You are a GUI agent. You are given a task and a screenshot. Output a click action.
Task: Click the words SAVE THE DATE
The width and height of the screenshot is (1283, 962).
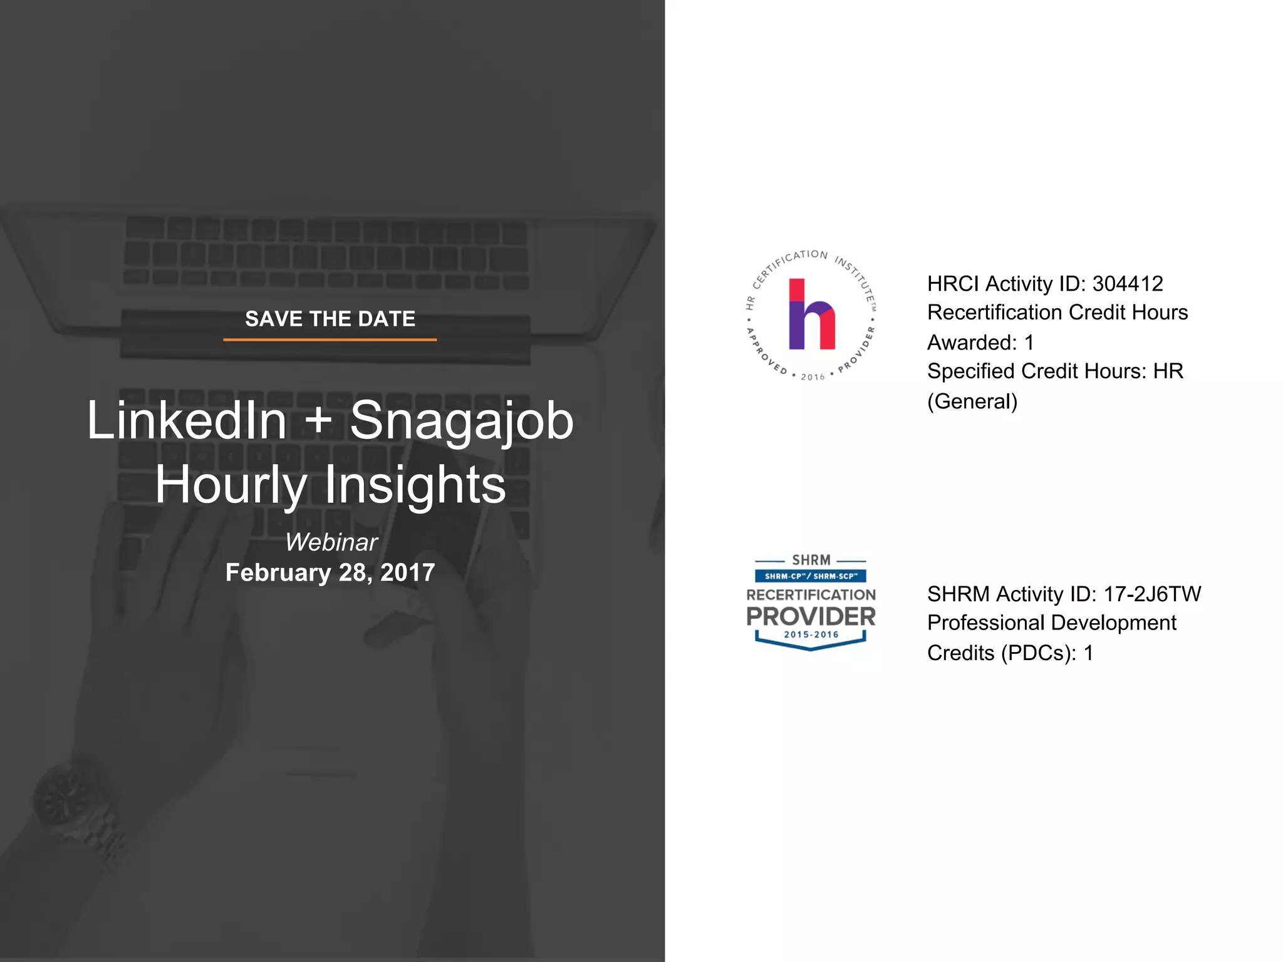[x=330, y=319]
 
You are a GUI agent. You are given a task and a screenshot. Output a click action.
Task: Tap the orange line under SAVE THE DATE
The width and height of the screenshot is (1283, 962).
[x=330, y=339]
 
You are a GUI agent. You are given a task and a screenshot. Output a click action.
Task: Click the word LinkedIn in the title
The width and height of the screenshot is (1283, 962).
[x=187, y=420]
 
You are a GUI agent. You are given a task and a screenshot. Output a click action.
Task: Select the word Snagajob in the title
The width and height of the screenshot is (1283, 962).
[x=462, y=422]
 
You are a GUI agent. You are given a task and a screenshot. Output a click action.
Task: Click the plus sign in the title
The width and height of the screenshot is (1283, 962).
[x=319, y=420]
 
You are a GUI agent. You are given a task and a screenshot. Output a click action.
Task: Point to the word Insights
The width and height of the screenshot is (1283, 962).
[x=415, y=485]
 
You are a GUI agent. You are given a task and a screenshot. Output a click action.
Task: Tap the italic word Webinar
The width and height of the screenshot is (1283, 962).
[x=331, y=542]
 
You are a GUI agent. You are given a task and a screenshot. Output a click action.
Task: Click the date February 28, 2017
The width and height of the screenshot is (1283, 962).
[x=330, y=572]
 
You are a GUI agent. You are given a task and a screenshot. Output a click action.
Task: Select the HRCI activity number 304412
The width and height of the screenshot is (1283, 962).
[x=1128, y=284]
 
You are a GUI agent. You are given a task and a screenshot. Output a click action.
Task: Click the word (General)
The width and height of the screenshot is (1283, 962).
[x=972, y=401]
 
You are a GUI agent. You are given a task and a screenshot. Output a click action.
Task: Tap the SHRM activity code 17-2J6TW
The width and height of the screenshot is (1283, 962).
[x=1152, y=594]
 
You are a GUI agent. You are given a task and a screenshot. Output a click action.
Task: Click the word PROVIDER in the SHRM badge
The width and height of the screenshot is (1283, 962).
[x=811, y=617]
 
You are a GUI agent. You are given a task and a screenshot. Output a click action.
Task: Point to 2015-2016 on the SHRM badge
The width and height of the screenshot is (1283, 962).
[x=811, y=634]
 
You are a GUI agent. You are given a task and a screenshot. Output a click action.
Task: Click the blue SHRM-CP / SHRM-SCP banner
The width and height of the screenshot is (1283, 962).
[x=811, y=576]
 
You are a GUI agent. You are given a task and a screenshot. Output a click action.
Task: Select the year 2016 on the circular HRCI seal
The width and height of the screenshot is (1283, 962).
[x=813, y=377]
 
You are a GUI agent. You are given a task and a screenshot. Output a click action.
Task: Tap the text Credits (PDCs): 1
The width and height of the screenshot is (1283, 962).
[x=1010, y=653]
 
